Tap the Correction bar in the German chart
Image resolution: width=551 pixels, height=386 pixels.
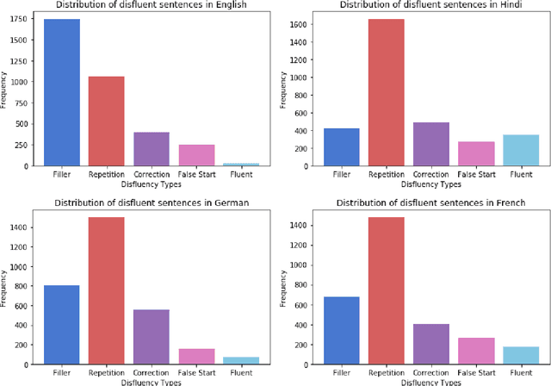point(152,335)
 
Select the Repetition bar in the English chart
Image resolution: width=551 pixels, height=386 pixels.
point(107,121)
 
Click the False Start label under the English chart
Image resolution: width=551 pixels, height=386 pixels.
point(196,173)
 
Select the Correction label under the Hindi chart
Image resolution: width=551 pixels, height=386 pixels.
point(430,173)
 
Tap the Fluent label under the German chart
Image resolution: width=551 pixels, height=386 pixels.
point(241,373)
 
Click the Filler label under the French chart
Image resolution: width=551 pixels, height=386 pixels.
point(341,373)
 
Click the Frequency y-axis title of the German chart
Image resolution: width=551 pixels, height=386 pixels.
point(5,289)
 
